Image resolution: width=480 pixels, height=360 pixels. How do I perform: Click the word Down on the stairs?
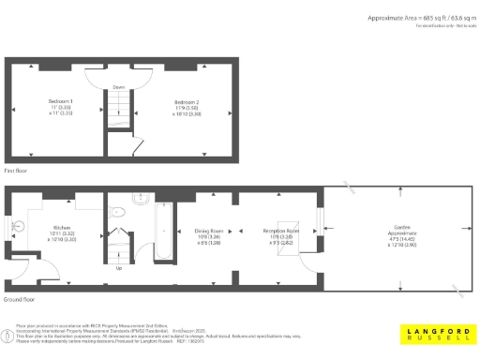[x=119, y=87]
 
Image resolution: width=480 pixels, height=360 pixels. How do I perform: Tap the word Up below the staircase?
[x=118, y=268]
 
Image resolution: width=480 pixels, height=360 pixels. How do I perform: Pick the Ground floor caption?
[x=20, y=300]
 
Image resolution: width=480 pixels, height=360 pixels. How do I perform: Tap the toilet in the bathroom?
[x=117, y=213]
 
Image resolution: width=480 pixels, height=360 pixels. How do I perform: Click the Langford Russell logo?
[x=436, y=334]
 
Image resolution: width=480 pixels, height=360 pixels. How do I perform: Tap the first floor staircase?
[x=119, y=116]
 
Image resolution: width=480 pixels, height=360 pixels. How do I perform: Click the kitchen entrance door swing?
[x=21, y=275]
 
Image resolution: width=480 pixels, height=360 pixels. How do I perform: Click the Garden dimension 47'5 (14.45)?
[x=400, y=237]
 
